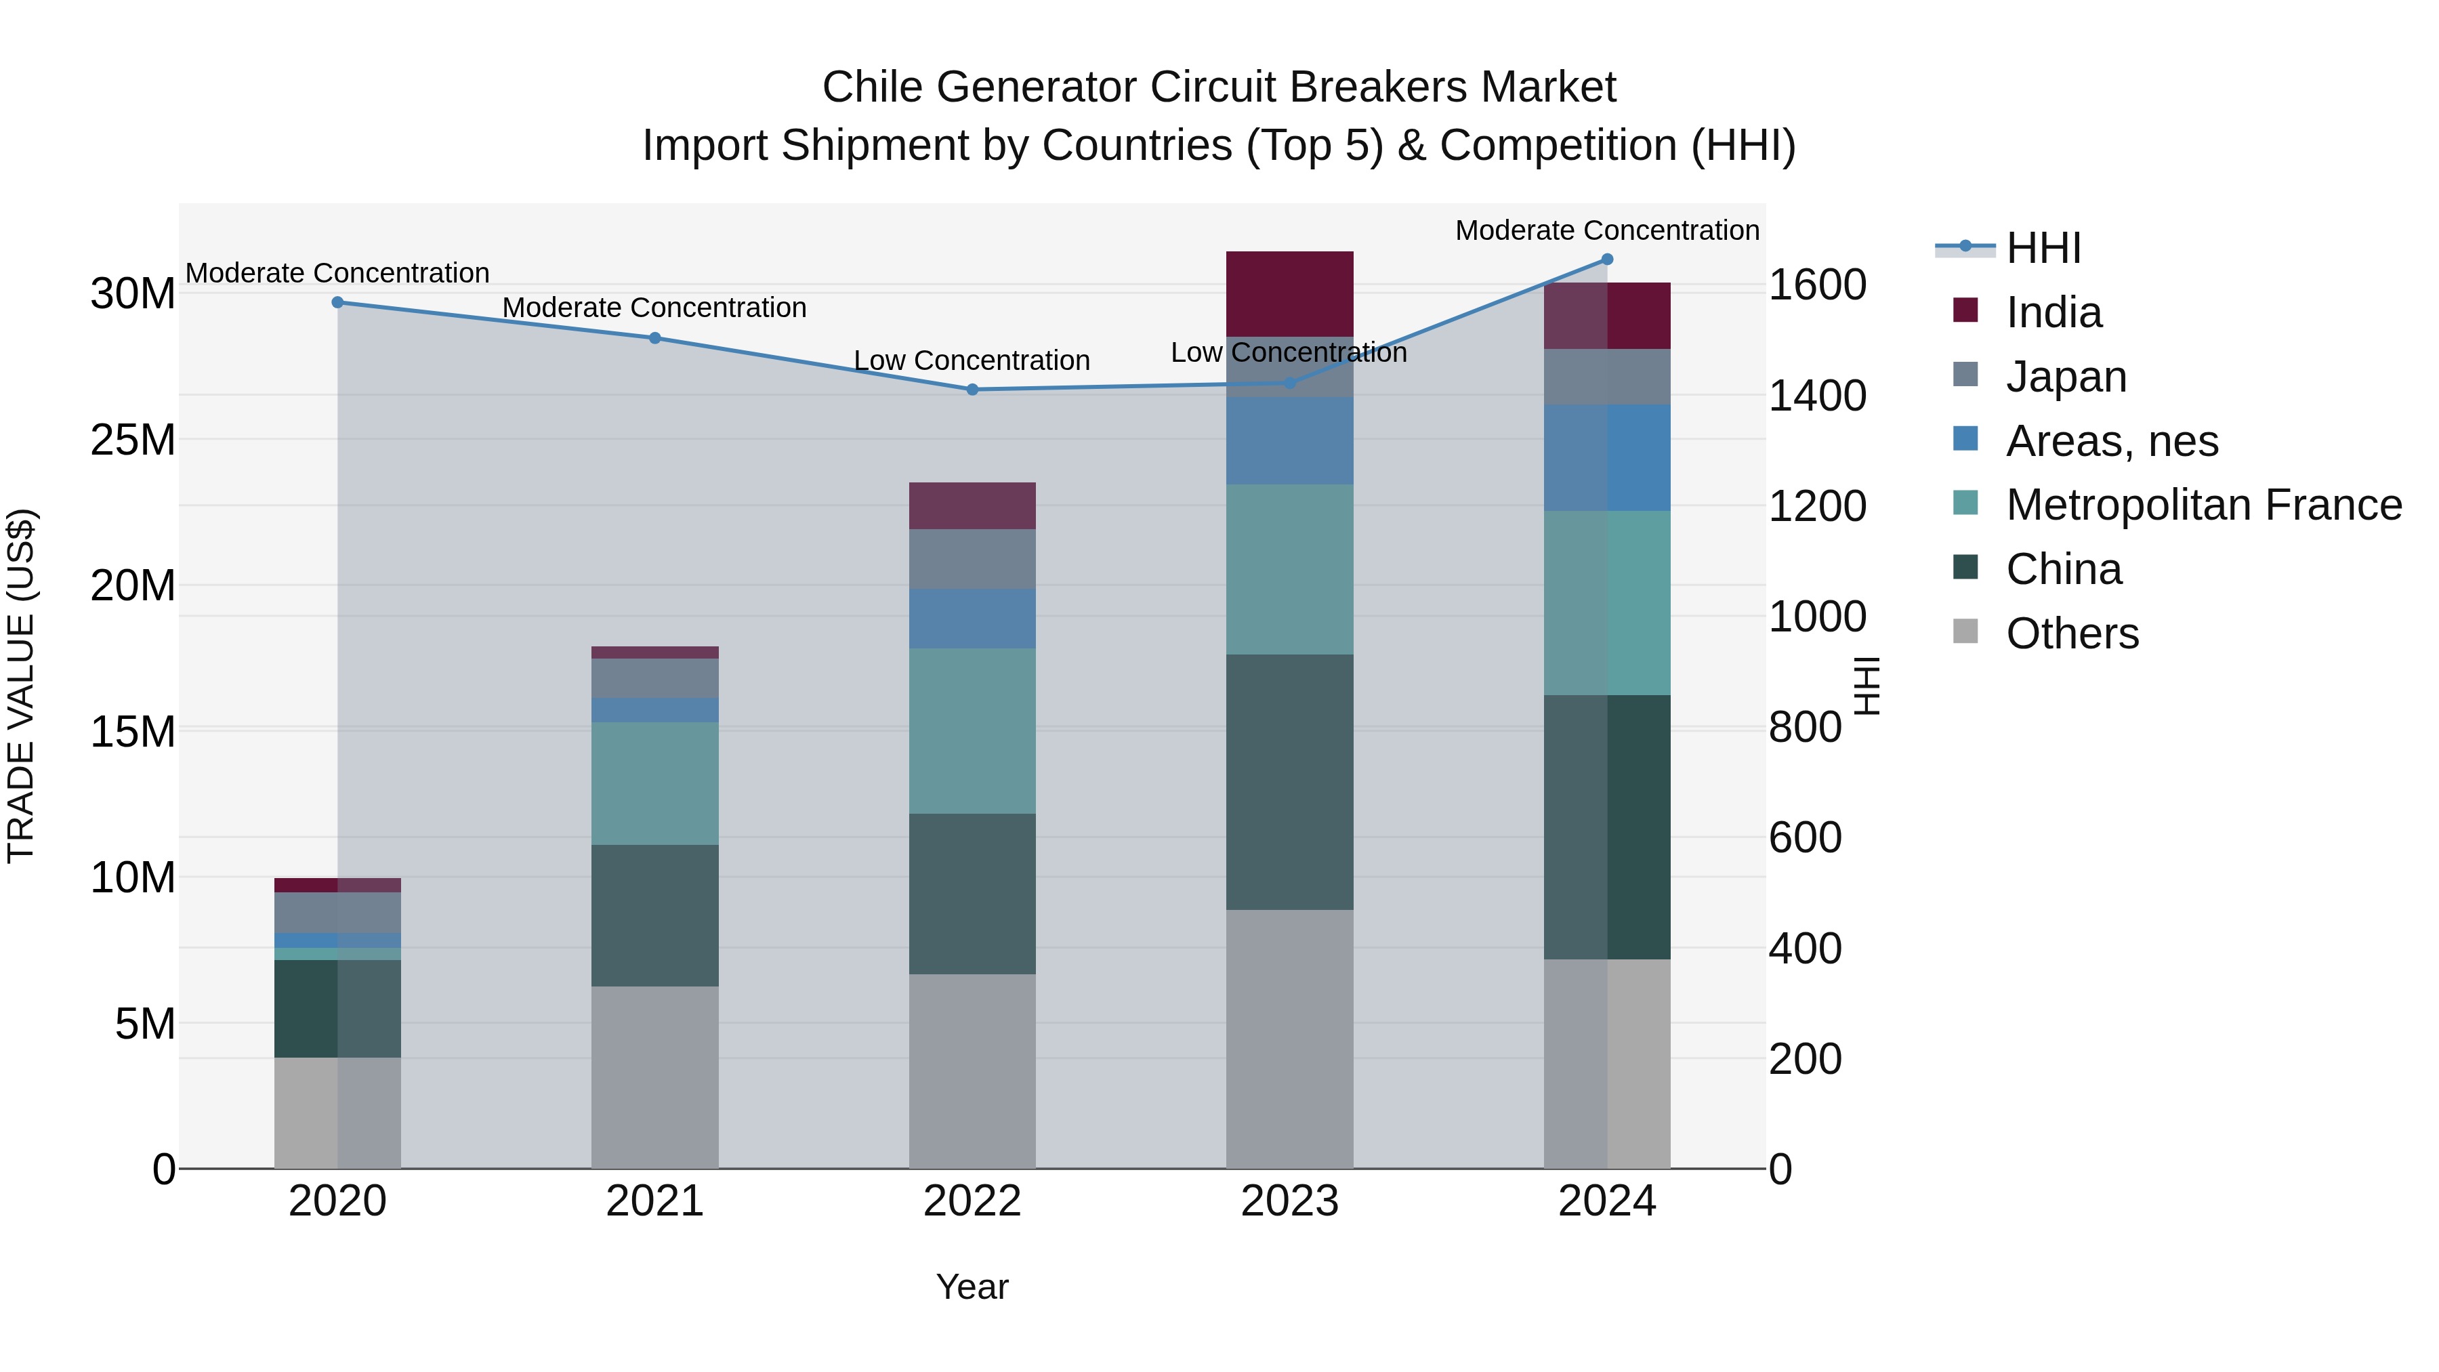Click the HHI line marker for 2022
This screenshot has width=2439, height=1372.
coord(972,389)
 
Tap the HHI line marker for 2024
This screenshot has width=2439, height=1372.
coord(1607,259)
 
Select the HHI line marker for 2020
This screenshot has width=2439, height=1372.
coord(337,302)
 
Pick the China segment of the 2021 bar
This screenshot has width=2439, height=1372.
coord(654,915)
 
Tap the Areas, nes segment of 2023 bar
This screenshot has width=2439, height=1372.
coord(1289,440)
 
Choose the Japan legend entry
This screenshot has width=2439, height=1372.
coord(2066,377)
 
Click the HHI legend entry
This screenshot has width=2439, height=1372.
coord(2043,248)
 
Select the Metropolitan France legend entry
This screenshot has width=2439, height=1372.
coord(2203,505)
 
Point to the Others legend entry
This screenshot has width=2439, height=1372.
coord(2072,633)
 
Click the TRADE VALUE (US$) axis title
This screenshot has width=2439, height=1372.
coord(22,686)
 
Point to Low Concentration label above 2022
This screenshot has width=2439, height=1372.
coord(972,360)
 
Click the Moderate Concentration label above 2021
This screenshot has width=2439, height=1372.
coord(654,308)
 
